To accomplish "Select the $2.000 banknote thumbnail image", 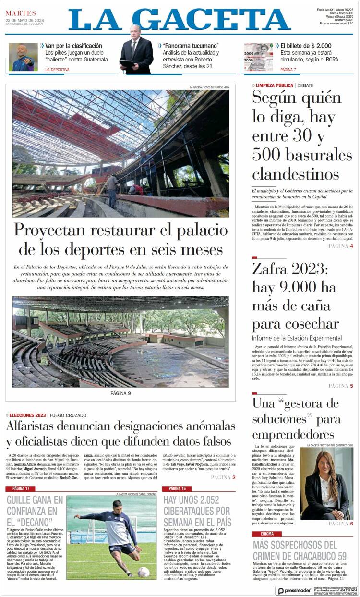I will [x=258, y=57].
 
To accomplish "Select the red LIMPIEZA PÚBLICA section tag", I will [x=274, y=85].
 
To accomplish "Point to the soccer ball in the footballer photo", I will [x=143, y=571].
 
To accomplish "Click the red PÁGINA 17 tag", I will [x=21, y=488].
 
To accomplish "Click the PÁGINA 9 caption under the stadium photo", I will [x=120, y=393].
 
